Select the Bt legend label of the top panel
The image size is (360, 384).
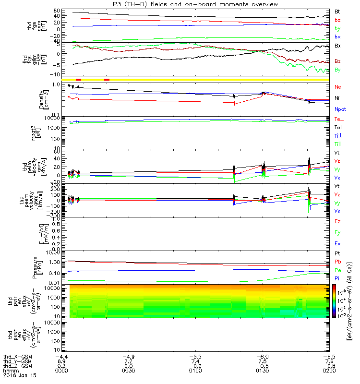(337, 11)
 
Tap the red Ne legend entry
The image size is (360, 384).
(338, 87)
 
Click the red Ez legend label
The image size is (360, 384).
(337, 222)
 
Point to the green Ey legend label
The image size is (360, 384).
(337, 233)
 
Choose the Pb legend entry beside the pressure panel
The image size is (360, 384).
(338, 262)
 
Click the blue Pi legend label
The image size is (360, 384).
(337, 278)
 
